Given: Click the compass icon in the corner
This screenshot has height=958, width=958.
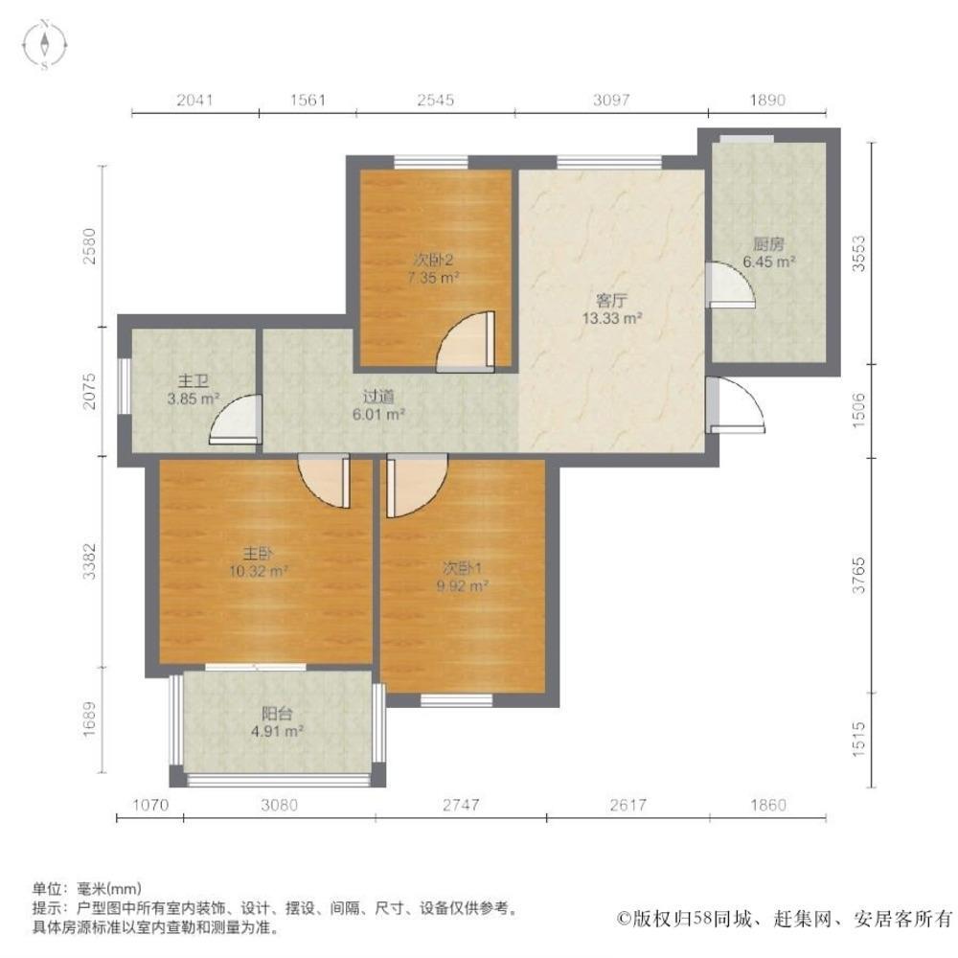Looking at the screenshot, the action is click(45, 45).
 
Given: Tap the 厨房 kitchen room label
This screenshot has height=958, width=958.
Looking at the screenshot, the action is click(768, 244).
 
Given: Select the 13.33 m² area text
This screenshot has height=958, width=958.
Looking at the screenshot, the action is click(611, 318).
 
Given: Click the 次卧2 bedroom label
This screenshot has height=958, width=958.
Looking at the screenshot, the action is click(433, 261).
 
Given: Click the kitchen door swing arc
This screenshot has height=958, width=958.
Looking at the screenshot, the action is click(731, 285).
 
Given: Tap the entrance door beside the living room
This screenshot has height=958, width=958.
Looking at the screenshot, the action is click(736, 405).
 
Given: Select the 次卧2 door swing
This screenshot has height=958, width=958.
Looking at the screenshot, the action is click(465, 342).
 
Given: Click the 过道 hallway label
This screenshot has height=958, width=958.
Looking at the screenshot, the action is click(378, 397).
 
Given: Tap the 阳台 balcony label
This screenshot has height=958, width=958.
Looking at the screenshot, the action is click(277, 713).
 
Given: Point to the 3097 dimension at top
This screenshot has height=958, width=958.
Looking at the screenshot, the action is click(611, 100).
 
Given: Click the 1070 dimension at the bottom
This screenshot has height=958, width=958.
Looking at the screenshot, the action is click(150, 805).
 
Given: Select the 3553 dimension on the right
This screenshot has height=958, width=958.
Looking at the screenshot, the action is click(859, 253).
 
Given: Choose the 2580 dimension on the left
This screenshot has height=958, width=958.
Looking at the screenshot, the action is click(89, 245).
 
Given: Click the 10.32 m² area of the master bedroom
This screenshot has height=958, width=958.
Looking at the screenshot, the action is click(259, 572).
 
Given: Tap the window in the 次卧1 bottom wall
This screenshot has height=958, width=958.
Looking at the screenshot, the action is click(457, 700).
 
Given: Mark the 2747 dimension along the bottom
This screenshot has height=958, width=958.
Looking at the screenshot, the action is click(461, 805).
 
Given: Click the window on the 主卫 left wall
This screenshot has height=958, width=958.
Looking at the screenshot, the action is click(124, 386).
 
